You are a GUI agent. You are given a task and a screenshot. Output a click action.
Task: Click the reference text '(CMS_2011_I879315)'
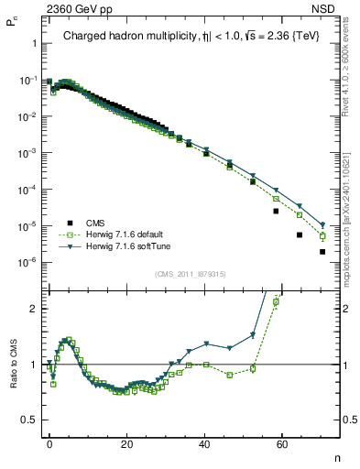click(191, 274)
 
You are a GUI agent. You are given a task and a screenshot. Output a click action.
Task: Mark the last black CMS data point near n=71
click(322, 252)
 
